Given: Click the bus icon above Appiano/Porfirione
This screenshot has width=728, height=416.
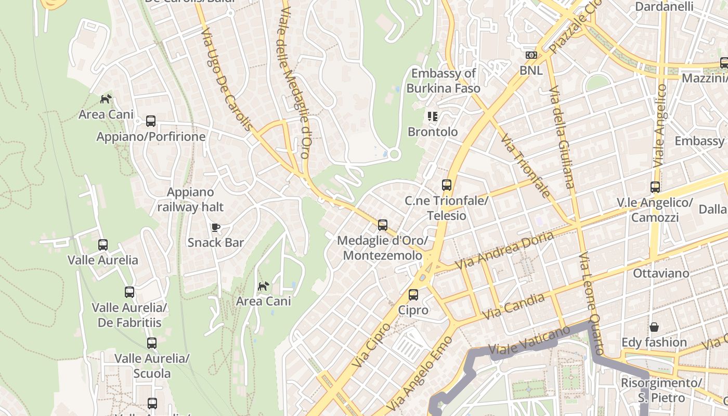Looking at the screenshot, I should click(x=151, y=121).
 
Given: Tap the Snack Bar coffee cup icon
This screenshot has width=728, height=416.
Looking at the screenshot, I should click(x=216, y=227).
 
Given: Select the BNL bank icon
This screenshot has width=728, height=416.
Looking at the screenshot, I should click(x=531, y=55).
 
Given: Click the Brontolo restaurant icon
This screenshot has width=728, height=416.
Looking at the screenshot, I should click(x=432, y=116).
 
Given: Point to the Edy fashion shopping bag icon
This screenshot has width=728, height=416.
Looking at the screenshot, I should click(x=654, y=327).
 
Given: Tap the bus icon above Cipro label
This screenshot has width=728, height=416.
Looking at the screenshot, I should click(x=413, y=295).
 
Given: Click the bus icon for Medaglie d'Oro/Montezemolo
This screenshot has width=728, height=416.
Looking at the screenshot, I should click(x=383, y=225).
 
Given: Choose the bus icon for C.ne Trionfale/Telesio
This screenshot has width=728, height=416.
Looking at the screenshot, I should click(x=446, y=185).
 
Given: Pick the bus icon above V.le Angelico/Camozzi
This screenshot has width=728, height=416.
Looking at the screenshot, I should click(x=655, y=187).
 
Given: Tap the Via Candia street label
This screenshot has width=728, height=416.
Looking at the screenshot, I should click(x=513, y=306).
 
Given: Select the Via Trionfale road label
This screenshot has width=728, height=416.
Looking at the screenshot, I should click(x=525, y=165).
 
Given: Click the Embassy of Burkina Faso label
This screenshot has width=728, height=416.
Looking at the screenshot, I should click(x=443, y=81).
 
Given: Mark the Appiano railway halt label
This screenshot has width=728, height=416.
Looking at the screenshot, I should click(x=190, y=200).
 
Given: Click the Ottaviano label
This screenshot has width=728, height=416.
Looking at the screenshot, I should click(x=661, y=273).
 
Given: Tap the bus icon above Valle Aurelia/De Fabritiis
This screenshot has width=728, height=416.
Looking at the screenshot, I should click(x=129, y=292).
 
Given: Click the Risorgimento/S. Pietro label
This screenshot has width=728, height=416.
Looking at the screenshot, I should click(x=661, y=390).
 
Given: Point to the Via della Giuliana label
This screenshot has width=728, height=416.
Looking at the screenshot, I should click(x=562, y=137).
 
